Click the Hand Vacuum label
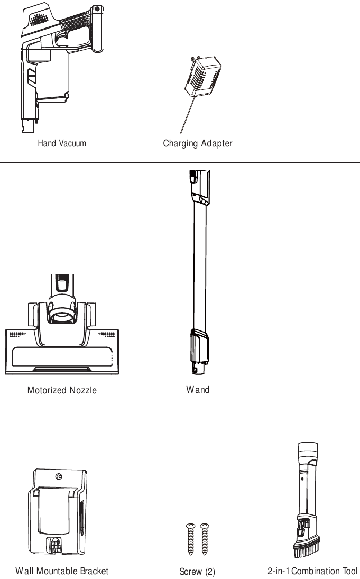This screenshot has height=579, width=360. coord(62,143)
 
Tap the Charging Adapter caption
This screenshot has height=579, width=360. coord(197,143)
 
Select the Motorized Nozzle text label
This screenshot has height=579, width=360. coord(62,391)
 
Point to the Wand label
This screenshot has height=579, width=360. coord(198,390)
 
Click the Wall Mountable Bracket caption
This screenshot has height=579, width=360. coord(62,571)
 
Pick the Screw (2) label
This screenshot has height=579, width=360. coord(197,572)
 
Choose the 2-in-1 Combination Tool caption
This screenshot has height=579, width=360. coord(312,571)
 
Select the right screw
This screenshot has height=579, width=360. coord(205,539)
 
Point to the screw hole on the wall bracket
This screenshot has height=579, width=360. coord(59,477)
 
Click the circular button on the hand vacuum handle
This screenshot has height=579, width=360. coord(97,9)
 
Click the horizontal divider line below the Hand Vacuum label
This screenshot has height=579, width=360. coord(180,163)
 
